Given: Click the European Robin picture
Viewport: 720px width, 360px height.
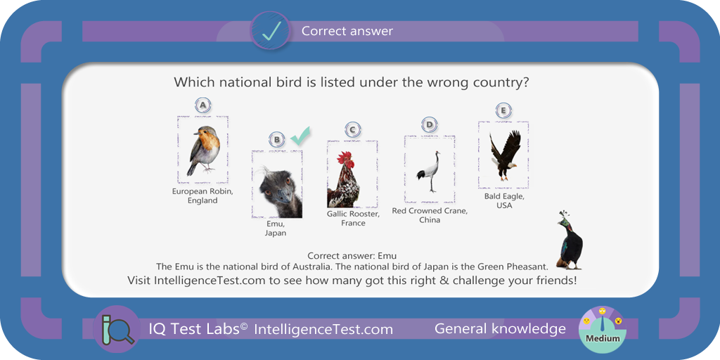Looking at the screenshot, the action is [x=203, y=150].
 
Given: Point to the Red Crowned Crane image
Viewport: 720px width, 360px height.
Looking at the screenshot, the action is [x=430, y=172].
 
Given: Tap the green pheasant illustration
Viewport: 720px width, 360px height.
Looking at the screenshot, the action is [x=570, y=240].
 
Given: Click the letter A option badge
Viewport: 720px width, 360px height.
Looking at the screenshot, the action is [x=203, y=106].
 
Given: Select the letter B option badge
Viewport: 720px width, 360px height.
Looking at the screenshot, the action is [x=277, y=139].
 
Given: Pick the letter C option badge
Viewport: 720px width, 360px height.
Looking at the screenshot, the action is [x=352, y=130].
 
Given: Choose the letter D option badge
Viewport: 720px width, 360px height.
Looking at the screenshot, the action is [x=430, y=124].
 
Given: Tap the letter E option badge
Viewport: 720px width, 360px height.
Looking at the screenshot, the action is [x=503, y=110].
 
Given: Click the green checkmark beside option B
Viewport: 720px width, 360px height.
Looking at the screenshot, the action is [x=300, y=136].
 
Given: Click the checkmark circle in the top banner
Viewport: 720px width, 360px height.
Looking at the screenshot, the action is [x=270, y=31].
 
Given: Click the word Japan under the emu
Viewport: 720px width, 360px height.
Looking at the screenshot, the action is [x=276, y=233].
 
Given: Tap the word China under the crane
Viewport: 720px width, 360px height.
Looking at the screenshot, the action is [x=430, y=220].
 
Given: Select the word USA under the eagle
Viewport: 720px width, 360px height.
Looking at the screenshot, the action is [x=504, y=205].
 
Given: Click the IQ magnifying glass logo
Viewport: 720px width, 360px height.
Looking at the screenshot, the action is [x=117, y=329].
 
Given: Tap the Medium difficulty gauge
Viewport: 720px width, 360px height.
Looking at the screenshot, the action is [x=603, y=330].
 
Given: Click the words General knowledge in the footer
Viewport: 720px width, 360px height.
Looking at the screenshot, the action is [x=500, y=329].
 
